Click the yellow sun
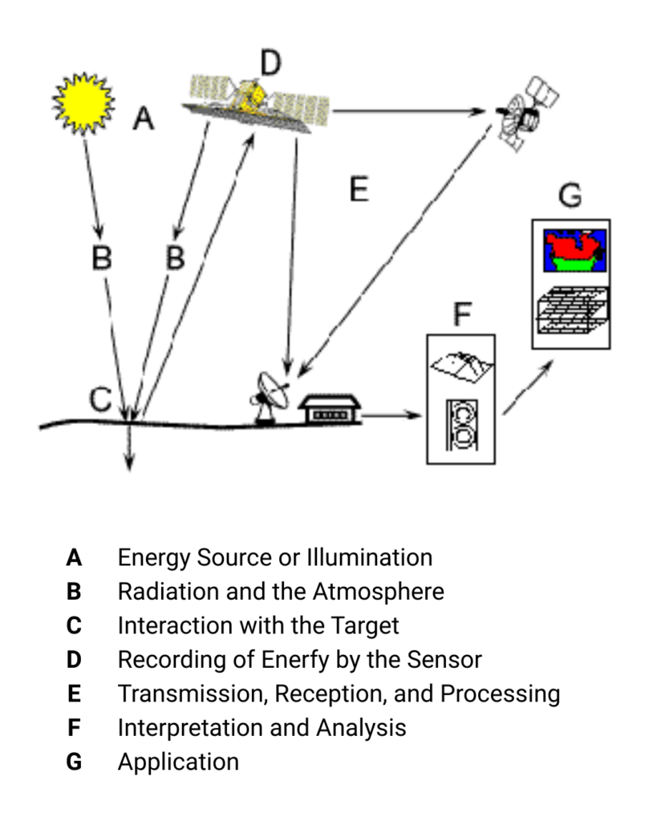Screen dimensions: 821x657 click(x=83, y=101)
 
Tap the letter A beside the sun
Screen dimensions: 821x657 click(x=143, y=119)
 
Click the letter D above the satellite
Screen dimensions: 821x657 click(x=271, y=63)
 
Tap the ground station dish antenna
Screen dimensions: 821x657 click(x=272, y=393)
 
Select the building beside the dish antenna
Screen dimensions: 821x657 click(x=329, y=408)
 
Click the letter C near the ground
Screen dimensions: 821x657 click(x=99, y=398)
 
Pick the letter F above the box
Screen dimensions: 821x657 click(x=461, y=313)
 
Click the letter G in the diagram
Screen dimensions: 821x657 click(x=570, y=194)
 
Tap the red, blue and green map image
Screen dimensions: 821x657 click(x=570, y=251)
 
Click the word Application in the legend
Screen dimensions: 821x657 click(x=178, y=762)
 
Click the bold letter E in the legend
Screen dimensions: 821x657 click(x=74, y=694)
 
